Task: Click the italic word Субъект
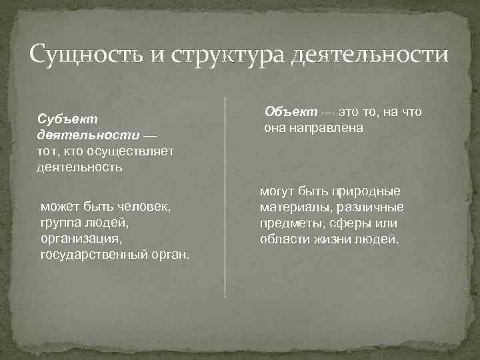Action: pyautogui.click(x=68, y=118)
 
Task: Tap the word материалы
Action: pyautogui.click(x=291, y=207)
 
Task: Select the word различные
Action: pyautogui.click(x=370, y=207)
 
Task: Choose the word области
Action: pyautogui.click(x=284, y=239)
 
